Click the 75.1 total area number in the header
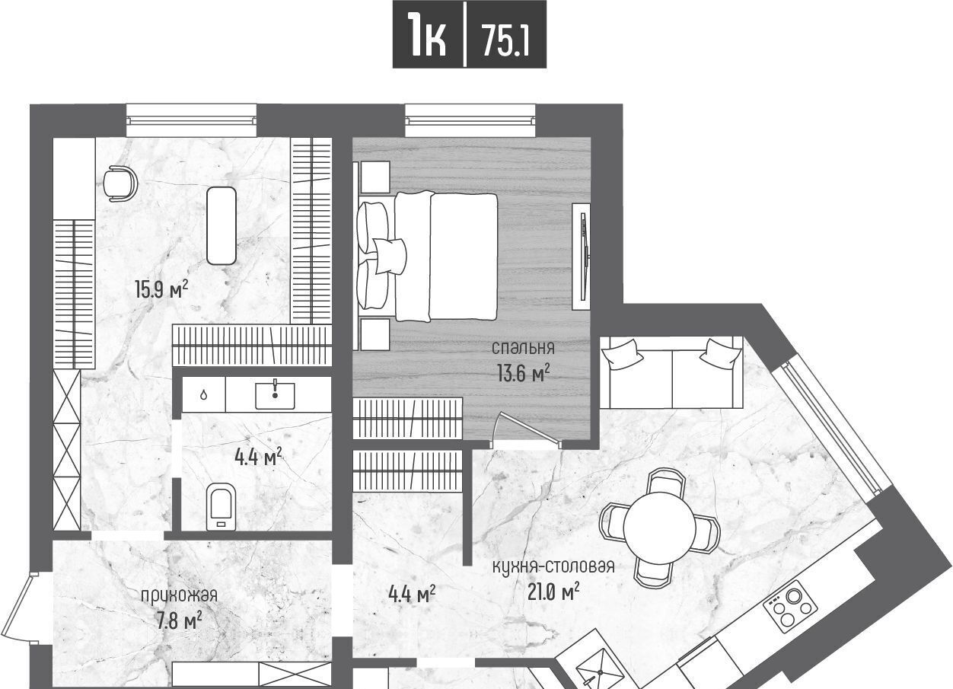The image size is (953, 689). point(506,40)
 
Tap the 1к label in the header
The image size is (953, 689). point(427,34)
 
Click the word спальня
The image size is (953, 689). point(523,348)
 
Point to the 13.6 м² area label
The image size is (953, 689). point(523,374)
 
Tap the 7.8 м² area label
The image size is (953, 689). point(179,621)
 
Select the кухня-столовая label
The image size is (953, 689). point(553,566)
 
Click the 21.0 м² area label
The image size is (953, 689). point(553,592)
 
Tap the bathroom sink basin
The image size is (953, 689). point(275,395)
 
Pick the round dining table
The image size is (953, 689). point(659,528)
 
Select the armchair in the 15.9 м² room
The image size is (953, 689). point(120,183)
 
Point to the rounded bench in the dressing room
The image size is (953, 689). point(222,225)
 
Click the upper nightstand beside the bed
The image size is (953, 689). point(375,177)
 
